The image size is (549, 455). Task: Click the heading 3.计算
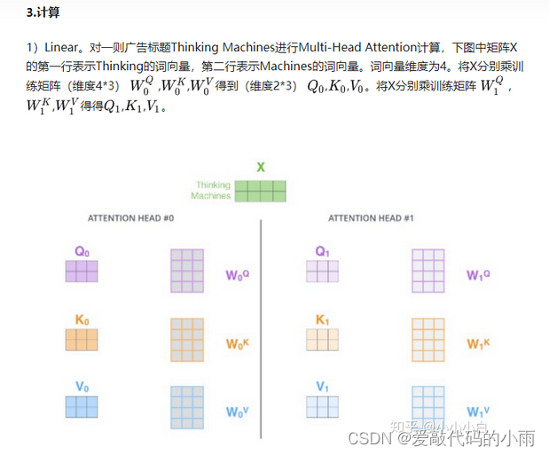point(43,14)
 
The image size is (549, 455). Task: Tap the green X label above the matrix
point(261,167)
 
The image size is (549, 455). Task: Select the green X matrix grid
point(261,191)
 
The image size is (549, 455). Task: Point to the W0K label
point(237,342)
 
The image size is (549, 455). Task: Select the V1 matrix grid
point(322,406)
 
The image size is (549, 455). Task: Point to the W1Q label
point(479,275)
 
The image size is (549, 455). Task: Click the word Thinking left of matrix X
point(213,185)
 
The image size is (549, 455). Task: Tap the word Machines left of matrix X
point(211,196)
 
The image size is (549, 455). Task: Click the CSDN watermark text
point(370,439)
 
